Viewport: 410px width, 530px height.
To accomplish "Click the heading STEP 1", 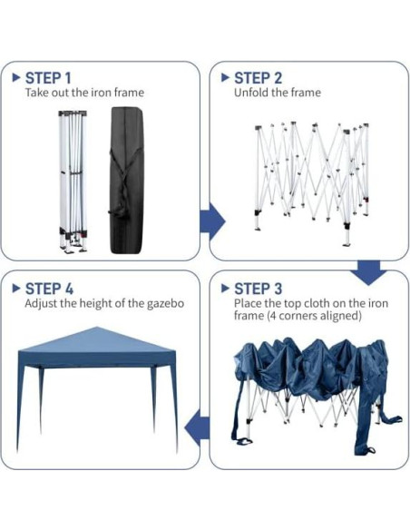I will point(48,78).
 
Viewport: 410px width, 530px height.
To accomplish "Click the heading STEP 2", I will point(258,78).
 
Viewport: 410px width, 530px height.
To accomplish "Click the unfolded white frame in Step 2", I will point(311,177).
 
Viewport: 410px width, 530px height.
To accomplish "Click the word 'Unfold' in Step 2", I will point(250,93).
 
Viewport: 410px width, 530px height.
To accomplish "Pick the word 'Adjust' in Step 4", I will point(41,303).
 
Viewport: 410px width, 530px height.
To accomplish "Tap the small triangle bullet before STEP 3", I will point(226,289).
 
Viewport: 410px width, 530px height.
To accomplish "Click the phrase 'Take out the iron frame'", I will point(84,93).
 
